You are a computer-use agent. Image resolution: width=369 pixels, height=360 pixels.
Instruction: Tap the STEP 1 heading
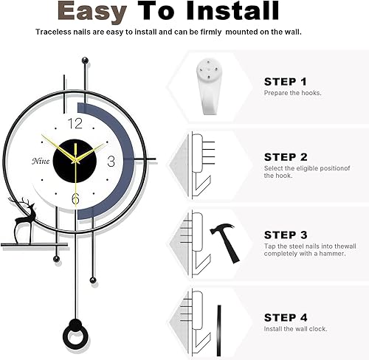pos(286,81)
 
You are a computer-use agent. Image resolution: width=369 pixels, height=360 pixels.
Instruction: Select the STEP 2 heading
pos(286,157)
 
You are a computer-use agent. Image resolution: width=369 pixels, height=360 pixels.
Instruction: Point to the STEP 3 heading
pos(286,234)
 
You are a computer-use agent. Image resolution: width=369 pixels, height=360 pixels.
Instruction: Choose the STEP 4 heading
pos(286,317)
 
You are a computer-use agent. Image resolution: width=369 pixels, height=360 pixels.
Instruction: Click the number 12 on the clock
pos(75,123)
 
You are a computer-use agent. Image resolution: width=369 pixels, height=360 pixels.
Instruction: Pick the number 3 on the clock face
pos(111,160)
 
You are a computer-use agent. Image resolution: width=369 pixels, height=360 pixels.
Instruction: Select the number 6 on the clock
pos(75,198)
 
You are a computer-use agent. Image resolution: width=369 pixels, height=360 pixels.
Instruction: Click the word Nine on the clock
pos(41,162)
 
